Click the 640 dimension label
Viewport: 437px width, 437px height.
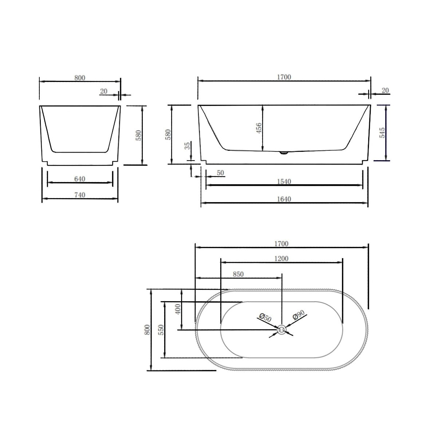tap(80, 179)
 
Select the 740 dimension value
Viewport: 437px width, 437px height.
tap(80, 195)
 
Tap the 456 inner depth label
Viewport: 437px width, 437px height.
tap(258, 128)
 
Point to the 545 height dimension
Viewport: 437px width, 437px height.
tap(382, 133)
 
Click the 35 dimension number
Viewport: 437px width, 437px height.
tap(187, 146)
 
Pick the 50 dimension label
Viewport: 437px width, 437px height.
tap(220, 173)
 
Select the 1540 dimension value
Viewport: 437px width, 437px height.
tap(284, 181)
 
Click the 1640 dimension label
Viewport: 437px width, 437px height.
tap(284, 199)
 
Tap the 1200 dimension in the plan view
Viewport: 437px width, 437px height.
tap(282, 259)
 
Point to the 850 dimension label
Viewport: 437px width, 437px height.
tap(238, 274)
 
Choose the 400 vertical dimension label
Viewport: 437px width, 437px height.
tap(178, 310)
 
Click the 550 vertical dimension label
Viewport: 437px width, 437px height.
tap(162, 330)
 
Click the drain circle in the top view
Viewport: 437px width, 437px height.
tap(282, 330)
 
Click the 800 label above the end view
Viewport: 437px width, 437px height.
tap(79, 78)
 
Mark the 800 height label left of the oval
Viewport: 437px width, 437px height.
tap(147, 330)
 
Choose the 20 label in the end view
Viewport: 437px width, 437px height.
tap(104, 91)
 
